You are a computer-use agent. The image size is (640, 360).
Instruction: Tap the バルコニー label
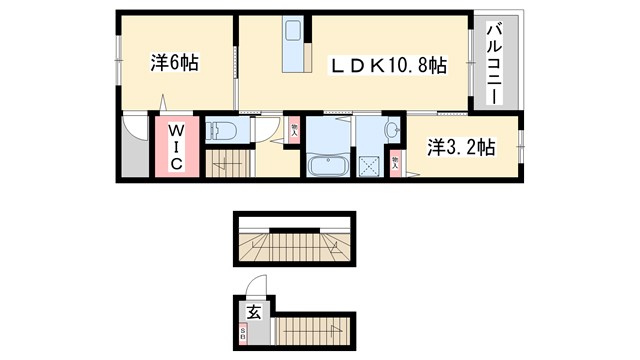tap(494, 66)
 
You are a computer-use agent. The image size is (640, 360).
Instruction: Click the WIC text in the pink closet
tap(174, 148)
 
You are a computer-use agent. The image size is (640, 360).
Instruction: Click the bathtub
tap(329, 165)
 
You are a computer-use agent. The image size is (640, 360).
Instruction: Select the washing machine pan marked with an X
tap(369, 164)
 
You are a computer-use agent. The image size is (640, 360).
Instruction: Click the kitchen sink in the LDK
tap(293, 31)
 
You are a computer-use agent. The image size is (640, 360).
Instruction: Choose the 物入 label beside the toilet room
tap(294, 128)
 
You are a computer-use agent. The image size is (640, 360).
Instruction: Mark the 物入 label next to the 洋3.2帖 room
tap(396, 160)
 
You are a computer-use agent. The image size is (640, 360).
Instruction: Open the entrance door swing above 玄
tap(257, 287)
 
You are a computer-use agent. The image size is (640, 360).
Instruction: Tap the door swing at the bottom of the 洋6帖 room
tap(170, 104)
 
